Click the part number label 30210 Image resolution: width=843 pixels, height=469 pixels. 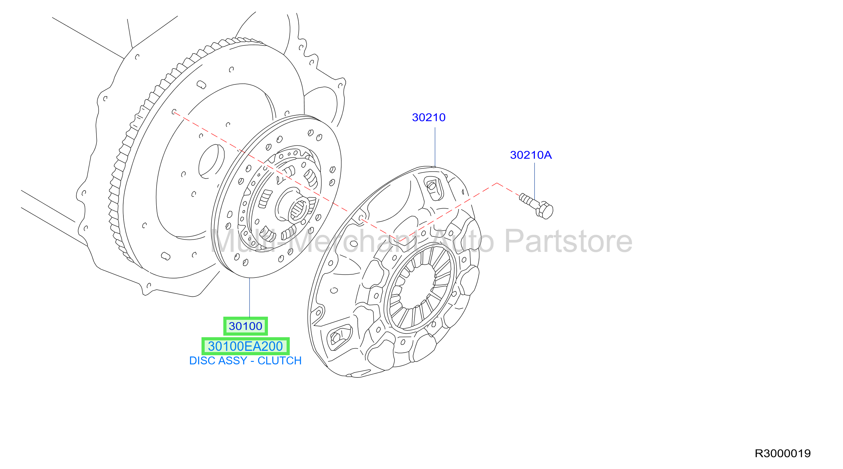(429, 118)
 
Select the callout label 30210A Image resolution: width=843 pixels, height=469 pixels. (531, 155)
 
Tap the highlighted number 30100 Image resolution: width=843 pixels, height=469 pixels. (245, 326)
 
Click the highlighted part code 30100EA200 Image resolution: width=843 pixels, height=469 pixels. (245, 346)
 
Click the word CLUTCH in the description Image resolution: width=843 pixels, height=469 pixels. (280, 361)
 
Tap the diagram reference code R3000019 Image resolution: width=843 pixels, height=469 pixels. (783, 453)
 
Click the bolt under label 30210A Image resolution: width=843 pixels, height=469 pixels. (536, 206)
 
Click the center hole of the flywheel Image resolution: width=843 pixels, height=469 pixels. (211, 161)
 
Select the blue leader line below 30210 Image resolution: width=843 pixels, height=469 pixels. (435, 147)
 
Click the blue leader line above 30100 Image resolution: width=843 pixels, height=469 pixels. (249, 297)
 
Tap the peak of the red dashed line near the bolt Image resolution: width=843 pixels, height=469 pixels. (497, 183)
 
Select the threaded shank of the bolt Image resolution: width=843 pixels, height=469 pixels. (528, 200)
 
